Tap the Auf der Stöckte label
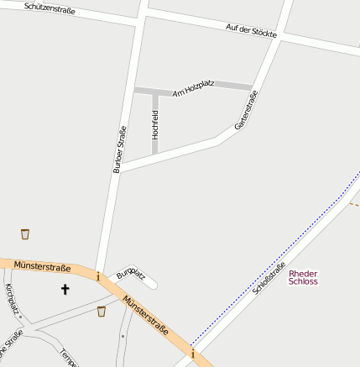point(251,32)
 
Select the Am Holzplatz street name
point(193,88)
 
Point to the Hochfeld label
point(155,123)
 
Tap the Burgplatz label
point(131,274)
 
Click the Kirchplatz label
point(13,300)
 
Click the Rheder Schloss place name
point(303,278)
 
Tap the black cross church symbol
point(65,290)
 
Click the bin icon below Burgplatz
point(102,312)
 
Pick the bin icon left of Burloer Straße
point(25,233)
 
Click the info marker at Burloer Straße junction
point(98,276)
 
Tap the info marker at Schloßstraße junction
point(192,355)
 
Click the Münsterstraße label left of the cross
point(42,266)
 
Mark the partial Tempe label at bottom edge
point(69,359)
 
